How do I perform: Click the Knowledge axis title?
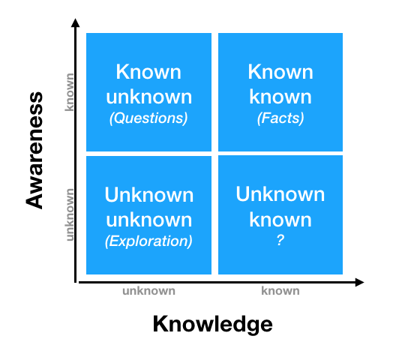pyautogui.click(x=212, y=323)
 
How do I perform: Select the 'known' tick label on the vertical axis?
pyautogui.click(x=70, y=91)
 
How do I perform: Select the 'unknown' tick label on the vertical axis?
pyautogui.click(x=70, y=214)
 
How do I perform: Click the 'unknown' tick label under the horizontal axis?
pyautogui.click(x=149, y=291)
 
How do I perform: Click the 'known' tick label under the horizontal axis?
pyautogui.click(x=280, y=291)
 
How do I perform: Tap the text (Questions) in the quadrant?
pyautogui.click(x=148, y=118)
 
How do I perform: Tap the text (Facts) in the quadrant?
pyautogui.click(x=280, y=118)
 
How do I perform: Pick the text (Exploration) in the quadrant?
pyautogui.click(x=148, y=241)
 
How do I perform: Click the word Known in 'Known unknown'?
pyautogui.click(x=148, y=73)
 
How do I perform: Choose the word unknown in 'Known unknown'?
pyautogui.click(x=148, y=96)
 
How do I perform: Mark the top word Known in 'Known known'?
pyautogui.click(x=280, y=73)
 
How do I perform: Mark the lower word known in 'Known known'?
pyautogui.click(x=280, y=96)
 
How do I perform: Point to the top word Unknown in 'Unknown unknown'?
pyautogui.click(x=148, y=196)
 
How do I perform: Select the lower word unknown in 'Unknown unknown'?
pyautogui.click(x=148, y=219)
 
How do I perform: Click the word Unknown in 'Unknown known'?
pyautogui.click(x=280, y=194)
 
